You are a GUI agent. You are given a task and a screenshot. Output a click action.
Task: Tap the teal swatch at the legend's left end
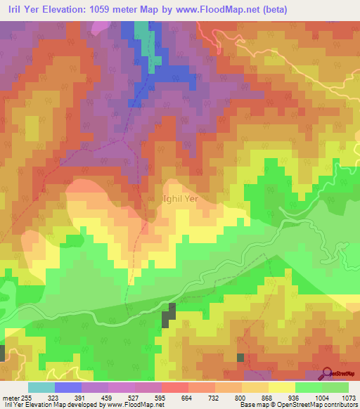pos(41,387)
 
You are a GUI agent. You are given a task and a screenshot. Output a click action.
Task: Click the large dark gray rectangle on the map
pos(169,316)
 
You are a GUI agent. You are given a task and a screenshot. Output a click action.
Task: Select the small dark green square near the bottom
pos(240,358)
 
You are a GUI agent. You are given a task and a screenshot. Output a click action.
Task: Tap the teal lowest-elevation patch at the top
pos(143,31)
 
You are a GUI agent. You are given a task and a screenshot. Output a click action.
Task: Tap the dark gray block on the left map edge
pos(2,353)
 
